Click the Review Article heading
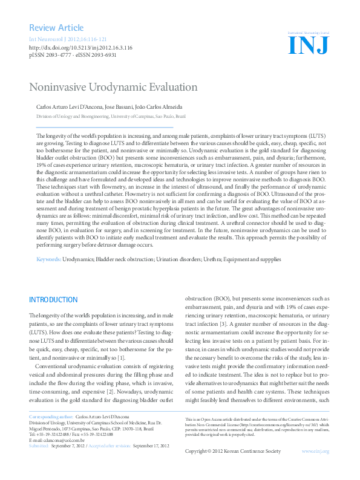click(x=56, y=28)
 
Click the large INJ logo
click(x=309, y=44)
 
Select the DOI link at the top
click(x=80, y=47)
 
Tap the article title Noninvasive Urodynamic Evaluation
click(x=113, y=86)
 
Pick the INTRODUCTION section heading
click(x=53, y=300)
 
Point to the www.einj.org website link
click(x=315, y=468)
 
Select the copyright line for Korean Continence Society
click(x=232, y=468)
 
